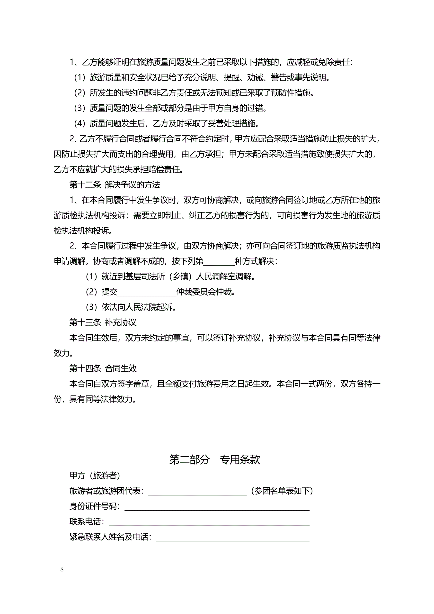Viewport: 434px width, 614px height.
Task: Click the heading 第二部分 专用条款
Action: tap(215, 460)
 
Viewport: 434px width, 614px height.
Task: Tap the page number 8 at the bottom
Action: tap(62, 569)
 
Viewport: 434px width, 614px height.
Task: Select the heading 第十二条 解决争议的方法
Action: tap(115, 184)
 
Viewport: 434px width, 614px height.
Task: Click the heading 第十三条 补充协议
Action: tap(103, 322)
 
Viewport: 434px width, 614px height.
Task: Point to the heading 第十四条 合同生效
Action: tap(103, 368)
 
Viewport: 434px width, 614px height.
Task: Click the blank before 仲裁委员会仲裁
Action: tap(147, 292)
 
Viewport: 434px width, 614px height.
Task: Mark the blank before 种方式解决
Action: tap(219, 262)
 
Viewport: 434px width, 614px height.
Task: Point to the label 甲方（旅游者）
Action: tap(95, 476)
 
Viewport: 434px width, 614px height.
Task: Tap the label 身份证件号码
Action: tap(94, 506)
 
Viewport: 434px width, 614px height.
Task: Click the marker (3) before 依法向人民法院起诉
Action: tap(91, 307)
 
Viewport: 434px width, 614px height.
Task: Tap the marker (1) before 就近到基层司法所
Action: tap(91, 276)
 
